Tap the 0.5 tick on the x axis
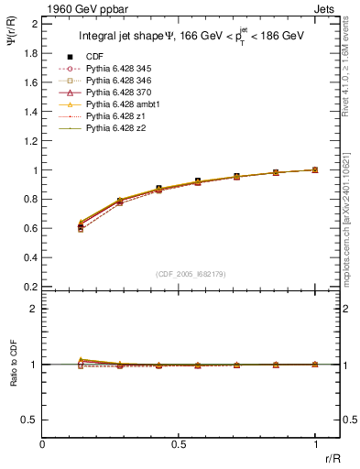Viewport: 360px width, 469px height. (x=179, y=443)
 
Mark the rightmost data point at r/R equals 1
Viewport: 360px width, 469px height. (x=315, y=169)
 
